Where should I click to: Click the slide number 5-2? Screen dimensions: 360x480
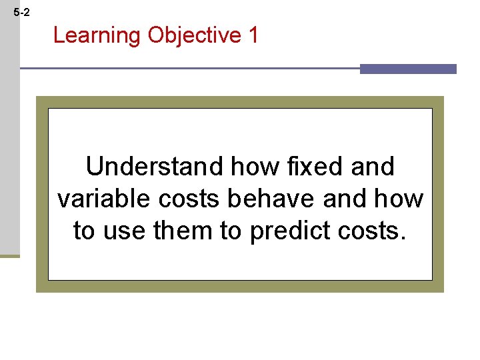21,13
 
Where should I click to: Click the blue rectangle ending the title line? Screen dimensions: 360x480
408,69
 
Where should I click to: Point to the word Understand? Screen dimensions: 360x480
155,167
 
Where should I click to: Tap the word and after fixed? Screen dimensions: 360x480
372,167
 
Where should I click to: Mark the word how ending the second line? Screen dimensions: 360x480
399,199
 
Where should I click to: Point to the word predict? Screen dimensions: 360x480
293,231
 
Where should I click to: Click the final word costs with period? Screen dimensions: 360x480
374,231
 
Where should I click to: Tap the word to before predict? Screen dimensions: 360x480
233,231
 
